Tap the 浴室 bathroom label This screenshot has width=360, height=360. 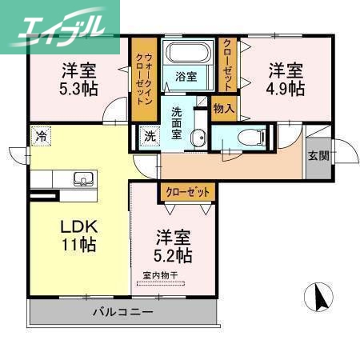click(186, 78)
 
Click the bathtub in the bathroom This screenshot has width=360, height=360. click(187, 54)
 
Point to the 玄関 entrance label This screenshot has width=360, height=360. click(318, 156)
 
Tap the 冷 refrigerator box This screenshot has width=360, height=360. click(40, 137)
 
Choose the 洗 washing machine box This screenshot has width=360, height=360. click(150, 137)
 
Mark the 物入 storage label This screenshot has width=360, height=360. click(223, 107)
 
